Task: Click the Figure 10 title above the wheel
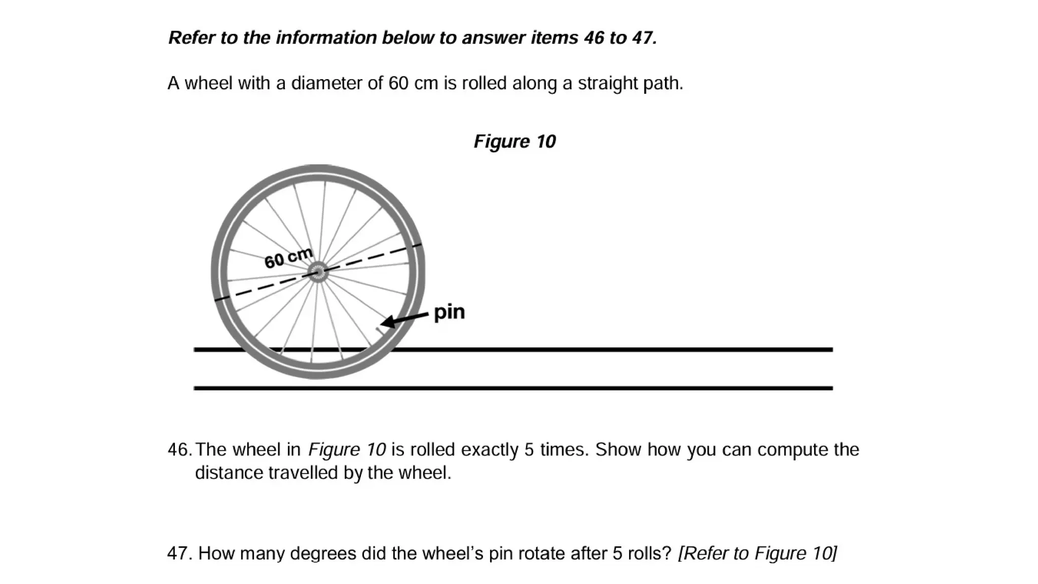pos(514,141)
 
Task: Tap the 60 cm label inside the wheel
pos(288,259)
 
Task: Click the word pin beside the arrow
pos(449,312)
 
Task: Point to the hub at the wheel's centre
pos(318,272)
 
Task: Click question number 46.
pos(179,450)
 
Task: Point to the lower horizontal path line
pos(513,388)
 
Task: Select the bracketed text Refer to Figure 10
pos(757,553)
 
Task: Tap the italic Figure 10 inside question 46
pos(347,450)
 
